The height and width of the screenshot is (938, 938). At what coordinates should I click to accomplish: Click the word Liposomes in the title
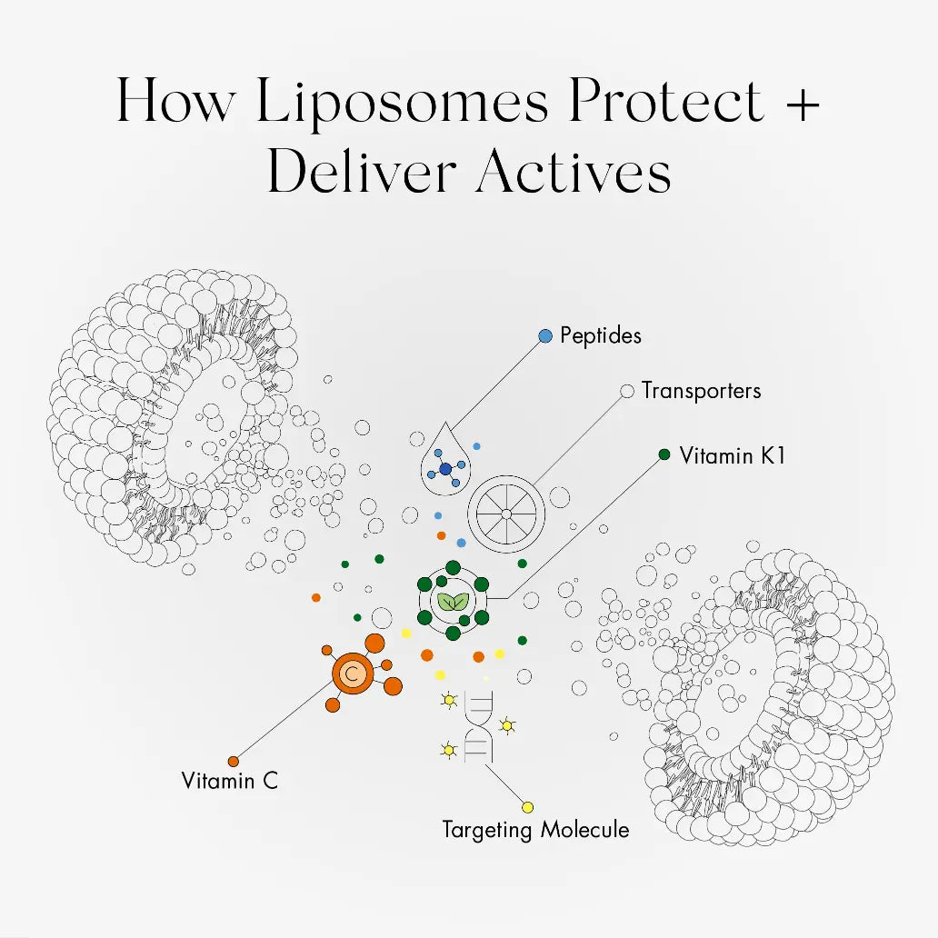pos(401,101)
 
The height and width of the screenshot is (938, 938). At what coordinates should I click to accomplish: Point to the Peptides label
pos(600,335)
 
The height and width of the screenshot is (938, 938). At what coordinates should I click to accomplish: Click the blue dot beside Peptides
pos(545,336)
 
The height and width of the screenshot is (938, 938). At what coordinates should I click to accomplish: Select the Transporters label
pos(701,391)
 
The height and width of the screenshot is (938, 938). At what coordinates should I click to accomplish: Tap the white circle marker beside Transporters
pos(626,392)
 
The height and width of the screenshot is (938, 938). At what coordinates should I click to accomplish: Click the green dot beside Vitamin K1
pos(664,454)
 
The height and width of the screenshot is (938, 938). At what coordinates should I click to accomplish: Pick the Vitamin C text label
pos(229,780)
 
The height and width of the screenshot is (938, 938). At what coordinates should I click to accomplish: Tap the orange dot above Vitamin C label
pos(234,761)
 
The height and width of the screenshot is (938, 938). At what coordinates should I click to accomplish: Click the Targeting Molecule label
pos(535,829)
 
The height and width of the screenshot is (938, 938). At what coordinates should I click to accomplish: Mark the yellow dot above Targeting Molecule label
pos(527,807)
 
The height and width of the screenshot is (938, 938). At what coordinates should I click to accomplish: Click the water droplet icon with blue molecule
pos(444,461)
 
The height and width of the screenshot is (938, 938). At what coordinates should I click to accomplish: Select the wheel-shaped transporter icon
pos(506,514)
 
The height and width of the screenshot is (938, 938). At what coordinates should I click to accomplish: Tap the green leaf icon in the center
pos(453,601)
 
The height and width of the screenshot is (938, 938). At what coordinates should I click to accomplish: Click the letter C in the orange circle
pos(353,674)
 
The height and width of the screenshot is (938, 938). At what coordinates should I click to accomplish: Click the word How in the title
pos(178,103)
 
